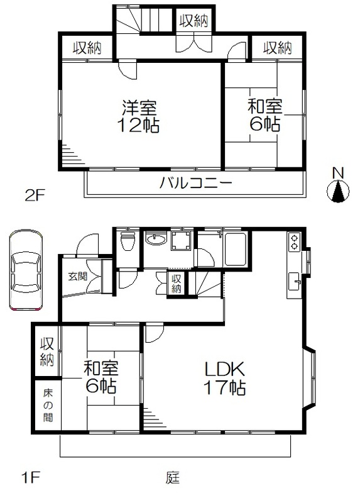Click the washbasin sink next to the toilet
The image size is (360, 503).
tap(156, 240)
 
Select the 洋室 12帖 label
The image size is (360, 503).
tap(139, 116)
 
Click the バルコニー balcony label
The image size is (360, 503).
tap(195, 183)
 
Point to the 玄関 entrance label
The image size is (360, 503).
tap(77, 276)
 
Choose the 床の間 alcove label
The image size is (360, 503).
tap(48, 406)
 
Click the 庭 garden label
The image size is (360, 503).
tap(173, 477)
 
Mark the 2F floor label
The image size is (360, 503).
tap(36, 196)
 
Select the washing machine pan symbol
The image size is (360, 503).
tap(182, 241)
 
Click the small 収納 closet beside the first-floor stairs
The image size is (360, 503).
tap(177, 284)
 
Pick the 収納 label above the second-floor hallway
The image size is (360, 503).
tap(194, 21)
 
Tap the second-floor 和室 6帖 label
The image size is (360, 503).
tap(265, 116)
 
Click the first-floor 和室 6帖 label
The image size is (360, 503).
tap(101, 377)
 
